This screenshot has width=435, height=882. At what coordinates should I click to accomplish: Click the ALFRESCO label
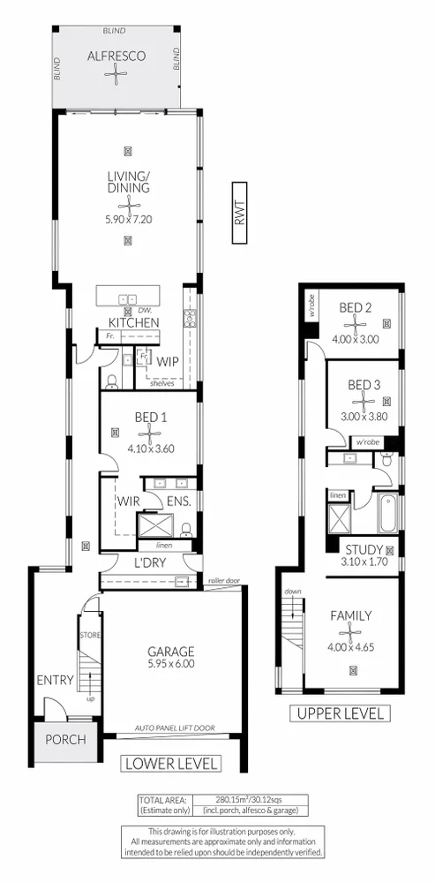click(116, 56)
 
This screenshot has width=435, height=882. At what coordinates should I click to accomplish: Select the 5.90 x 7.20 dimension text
click(130, 220)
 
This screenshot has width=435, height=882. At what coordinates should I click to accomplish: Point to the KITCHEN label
click(133, 323)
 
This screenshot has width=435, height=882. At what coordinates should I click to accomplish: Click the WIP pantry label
click(168, 361)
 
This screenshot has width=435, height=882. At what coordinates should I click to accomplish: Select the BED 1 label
click(152, 417)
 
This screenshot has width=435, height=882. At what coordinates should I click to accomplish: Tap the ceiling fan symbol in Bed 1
click(152, 432)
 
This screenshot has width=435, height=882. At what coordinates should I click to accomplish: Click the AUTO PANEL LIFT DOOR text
click(173, 728)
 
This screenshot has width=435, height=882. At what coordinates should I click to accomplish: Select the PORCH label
click(66, 740)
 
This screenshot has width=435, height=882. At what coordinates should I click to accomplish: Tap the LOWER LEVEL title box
click(171, 763)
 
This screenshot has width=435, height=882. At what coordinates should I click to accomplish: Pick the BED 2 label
click(356, 307)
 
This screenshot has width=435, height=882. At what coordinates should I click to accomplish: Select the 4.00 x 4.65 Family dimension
click(350, 648)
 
